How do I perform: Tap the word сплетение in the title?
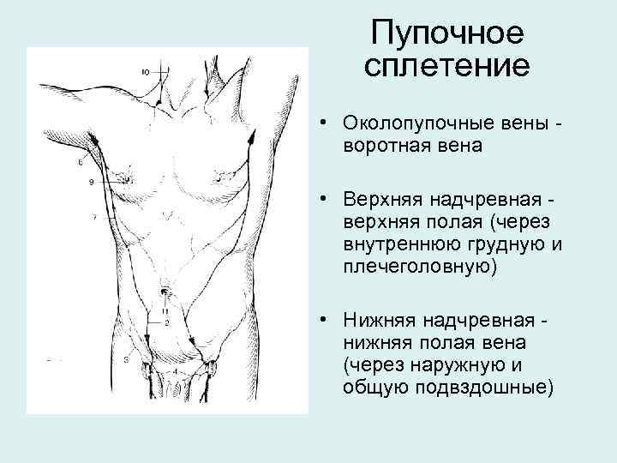click(447, 65)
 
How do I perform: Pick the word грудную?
click(511, 245)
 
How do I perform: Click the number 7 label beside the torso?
click(94, 219)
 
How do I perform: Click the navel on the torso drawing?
click(165, 292)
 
